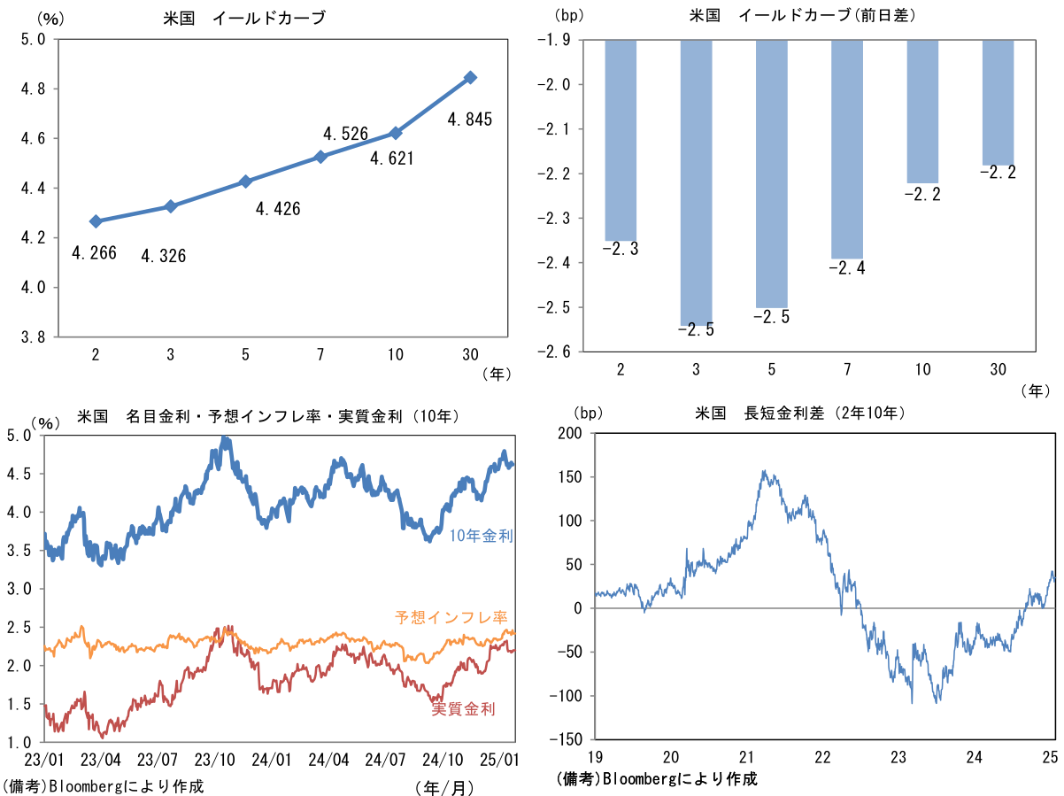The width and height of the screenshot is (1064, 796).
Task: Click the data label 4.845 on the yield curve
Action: (469, 119)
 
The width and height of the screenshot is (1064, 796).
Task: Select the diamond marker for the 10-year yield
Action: (396, 133)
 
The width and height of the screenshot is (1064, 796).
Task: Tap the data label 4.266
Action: (94, 253)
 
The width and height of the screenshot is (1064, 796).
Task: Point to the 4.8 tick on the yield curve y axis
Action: (35, 89)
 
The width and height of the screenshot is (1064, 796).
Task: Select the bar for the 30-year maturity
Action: (998, 103)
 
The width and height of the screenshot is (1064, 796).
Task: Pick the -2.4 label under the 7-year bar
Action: (847, 268)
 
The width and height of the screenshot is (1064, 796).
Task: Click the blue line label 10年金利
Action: (482, 535)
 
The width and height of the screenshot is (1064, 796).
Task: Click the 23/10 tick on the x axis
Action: (214, 760)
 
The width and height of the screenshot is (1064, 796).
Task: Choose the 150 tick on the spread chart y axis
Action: (571, 477)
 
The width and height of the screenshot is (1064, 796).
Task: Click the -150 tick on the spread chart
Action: (567, 739)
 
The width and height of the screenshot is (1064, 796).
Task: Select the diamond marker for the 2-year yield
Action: (96, 221)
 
